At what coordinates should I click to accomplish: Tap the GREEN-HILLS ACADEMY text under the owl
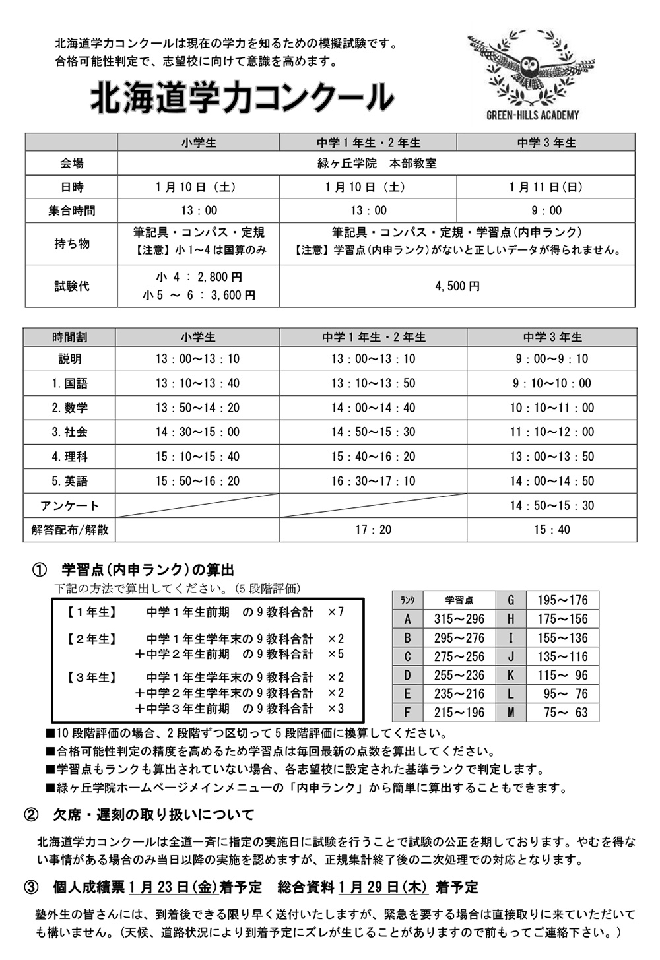pyautogui.click(x=532, y=115)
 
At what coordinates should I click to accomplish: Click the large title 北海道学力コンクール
pyautogui.click(x=242, y=98)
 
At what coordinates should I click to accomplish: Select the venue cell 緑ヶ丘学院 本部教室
pyautogui.click(x=376, y=164)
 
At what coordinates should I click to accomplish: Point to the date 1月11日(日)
pyautogui.click(x=546, y=187)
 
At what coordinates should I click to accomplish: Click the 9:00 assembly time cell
pyautogui.click(x=546, y=210)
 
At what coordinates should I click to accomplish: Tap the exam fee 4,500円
pyautogui.click(x=457, y=286)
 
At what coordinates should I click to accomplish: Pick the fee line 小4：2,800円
pyautogui.click(x=199, y=278)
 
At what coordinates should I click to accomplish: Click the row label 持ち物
pyautogui.click(x=71, y=243)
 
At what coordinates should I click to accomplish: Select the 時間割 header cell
pyautogui.click(x=69, y=337)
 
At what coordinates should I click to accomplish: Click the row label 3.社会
pyautogui.click(x=69, y=432)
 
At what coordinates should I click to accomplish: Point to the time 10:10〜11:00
pyautogui.click(x=552, y=408)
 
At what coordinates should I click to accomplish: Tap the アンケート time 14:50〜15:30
pyautogui.click(x=552, y=505)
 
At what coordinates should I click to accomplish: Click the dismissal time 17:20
pyautogui.click(x=373, y=530)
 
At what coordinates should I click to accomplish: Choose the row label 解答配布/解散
pyautogui.click(x=69, y=530)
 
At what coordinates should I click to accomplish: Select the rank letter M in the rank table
pyautogui.click(x=511, y=713)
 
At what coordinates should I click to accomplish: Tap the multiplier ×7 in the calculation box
pyautogui.click(x=336, y=612)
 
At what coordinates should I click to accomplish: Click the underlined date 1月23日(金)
pyautogui.click(x=173, y=887)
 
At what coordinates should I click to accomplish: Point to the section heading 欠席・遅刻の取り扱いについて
pyautogui.click(x=153, y=815)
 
